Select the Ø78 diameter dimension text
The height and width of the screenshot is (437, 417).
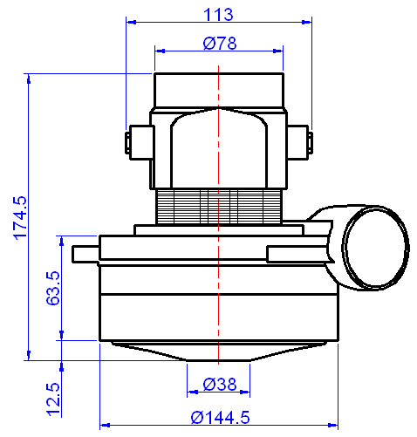point(219,43)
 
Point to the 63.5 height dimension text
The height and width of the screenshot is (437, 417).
point(51,287)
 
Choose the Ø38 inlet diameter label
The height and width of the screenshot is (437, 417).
point(219,384)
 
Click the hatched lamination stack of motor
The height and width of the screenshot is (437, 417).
point(219,208)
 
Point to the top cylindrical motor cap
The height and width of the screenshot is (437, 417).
point(219,91)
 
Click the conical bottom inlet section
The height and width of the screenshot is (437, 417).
point(219,351)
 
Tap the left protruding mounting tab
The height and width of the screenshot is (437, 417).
point(85,253)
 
